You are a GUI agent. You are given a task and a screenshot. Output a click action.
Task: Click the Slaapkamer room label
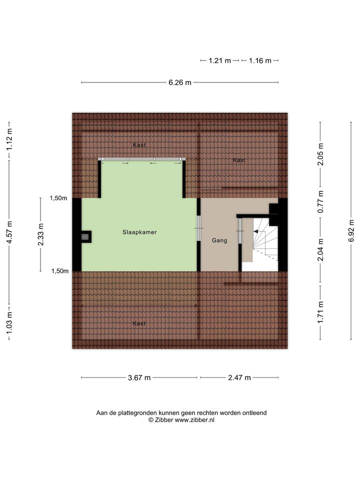tap(139, 232)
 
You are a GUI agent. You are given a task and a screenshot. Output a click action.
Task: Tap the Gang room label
tap(219, 240)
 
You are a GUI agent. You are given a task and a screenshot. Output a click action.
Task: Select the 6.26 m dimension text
tap(180, 82)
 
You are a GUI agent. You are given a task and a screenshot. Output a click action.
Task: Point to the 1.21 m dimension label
tap(220, 60)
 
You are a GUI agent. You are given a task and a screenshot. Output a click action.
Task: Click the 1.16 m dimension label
tap(260, 60)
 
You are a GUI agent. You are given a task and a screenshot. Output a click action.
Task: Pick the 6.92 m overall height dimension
tap(351, 230)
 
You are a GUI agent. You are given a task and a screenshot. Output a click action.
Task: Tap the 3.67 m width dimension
tap(139, 378)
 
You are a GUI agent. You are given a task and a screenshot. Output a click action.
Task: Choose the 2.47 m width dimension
tap(239, 378)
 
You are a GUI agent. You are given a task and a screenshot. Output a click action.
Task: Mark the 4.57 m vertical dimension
tap(9, 232)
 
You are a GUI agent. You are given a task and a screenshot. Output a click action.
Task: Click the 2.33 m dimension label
tap(40, 234)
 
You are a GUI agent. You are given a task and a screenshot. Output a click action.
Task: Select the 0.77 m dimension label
tap(320, 202)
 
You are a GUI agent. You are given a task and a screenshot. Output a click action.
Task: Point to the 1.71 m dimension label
tap(320, 312)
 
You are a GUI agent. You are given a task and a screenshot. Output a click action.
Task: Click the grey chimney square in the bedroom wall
tap(85, 236)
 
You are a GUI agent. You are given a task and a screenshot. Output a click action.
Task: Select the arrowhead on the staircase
tap(255, 231)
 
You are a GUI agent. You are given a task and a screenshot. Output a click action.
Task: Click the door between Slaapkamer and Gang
tap(198, 228)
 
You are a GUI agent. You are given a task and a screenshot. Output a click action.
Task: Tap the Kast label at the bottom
tap(139, 323)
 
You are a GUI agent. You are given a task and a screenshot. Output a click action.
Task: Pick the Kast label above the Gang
tap(239, 160)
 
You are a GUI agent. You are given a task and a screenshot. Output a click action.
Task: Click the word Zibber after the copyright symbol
tap(164, 420)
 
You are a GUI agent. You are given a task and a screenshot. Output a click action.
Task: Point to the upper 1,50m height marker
tap(58, 198)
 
